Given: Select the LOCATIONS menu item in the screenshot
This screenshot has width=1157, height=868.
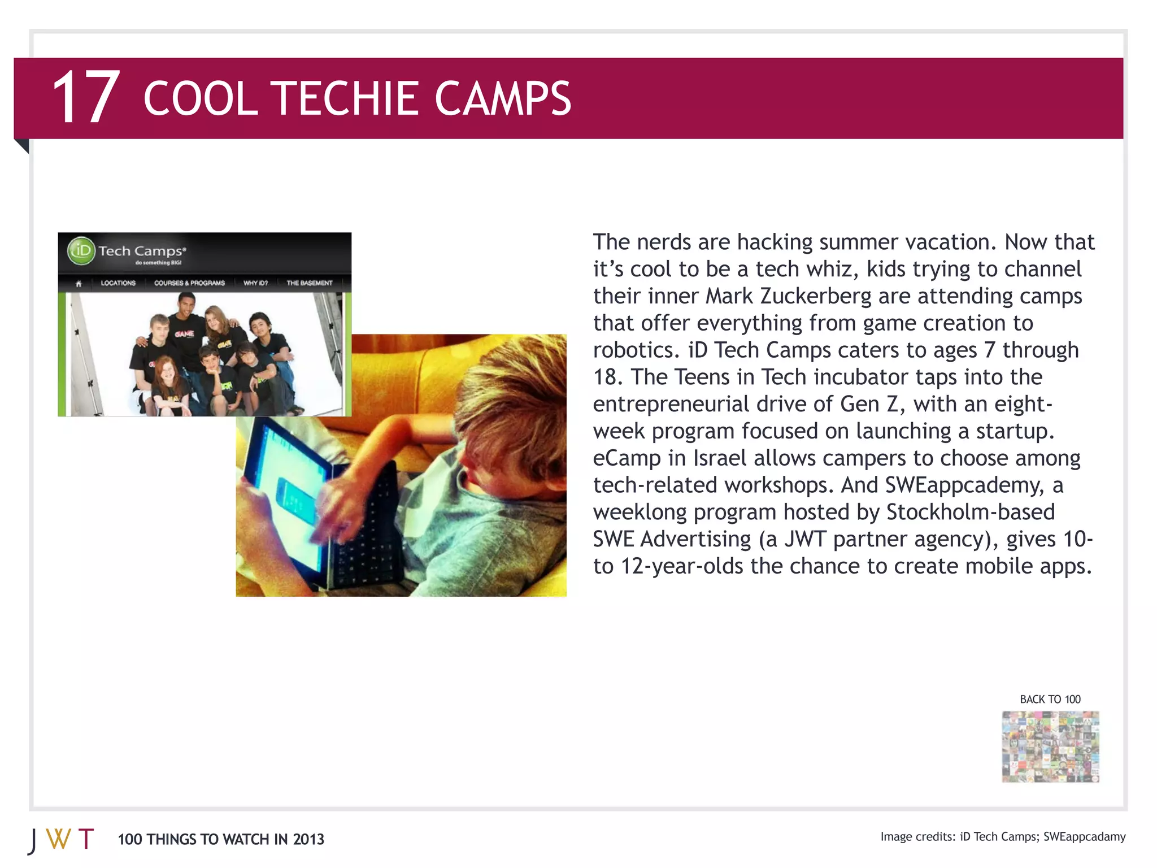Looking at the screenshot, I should (x=118, y=283).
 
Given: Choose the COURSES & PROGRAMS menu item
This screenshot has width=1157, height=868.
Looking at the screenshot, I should (x=189, y=283).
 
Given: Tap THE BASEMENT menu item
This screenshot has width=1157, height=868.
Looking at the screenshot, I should (x=309, y=283).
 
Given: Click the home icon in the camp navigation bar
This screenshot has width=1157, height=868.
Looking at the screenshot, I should (x=79, y=284).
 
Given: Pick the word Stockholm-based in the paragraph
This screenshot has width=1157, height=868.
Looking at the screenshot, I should (x=970, y=513).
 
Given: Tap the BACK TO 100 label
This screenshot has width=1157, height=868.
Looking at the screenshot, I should (x=1050, y=700).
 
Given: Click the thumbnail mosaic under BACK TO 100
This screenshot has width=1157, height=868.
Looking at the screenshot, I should (x=1050, y=747).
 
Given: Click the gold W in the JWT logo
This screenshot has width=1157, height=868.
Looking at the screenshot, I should (x=58, y=839).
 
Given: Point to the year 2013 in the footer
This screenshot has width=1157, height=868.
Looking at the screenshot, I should (x=308, y=840).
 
